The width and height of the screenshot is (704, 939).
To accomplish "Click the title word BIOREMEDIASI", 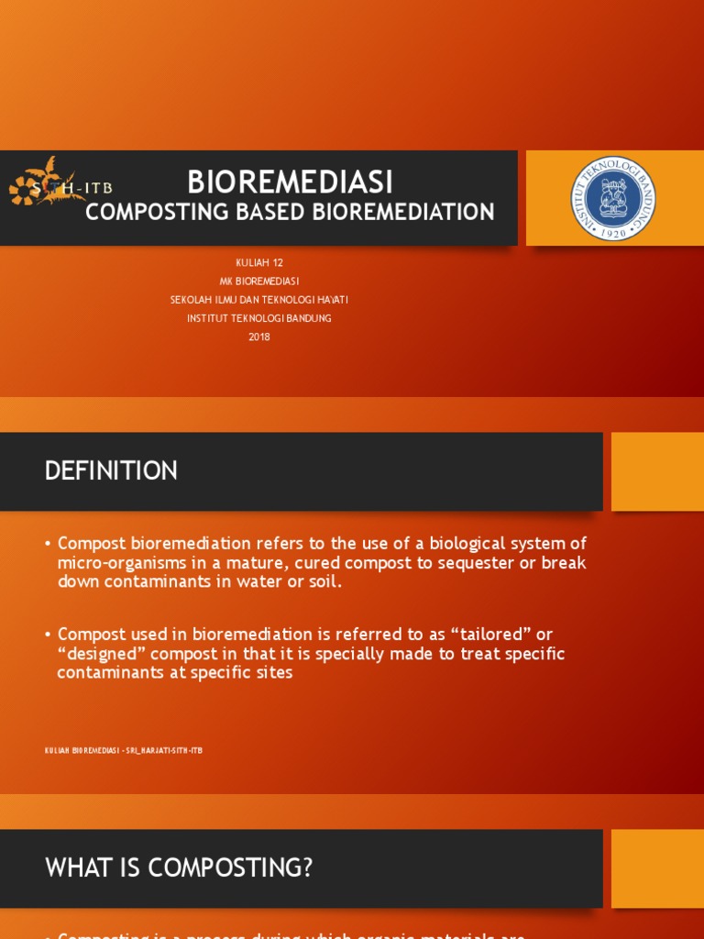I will coord(290,182).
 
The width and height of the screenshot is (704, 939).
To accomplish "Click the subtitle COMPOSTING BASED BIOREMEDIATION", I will coord(290,213).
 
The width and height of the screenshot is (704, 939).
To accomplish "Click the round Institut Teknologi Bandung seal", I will coord(614,198).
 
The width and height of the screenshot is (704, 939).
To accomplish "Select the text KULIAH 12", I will coord(259,263).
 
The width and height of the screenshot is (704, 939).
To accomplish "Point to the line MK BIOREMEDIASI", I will coord(259,282).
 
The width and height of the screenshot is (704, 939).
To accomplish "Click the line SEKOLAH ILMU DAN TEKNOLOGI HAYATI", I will coord(259,300).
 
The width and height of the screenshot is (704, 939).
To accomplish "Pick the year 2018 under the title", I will coord(259,337).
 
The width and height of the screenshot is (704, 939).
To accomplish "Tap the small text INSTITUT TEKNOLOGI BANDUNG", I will coord(259,318).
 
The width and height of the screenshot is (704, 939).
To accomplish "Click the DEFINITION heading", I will coord(111,471).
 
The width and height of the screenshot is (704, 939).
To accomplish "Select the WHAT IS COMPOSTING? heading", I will coord(179,867).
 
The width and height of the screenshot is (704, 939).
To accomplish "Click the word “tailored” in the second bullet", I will coord(488,635).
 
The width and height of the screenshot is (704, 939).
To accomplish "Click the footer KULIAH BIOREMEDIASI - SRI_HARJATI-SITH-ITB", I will coord(124,750).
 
